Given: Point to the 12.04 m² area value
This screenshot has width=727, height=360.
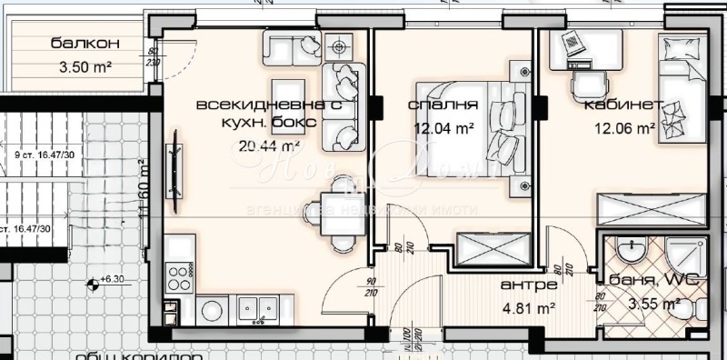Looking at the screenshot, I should tap(443, 128).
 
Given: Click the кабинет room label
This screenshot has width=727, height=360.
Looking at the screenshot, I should tap(623, 105).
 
